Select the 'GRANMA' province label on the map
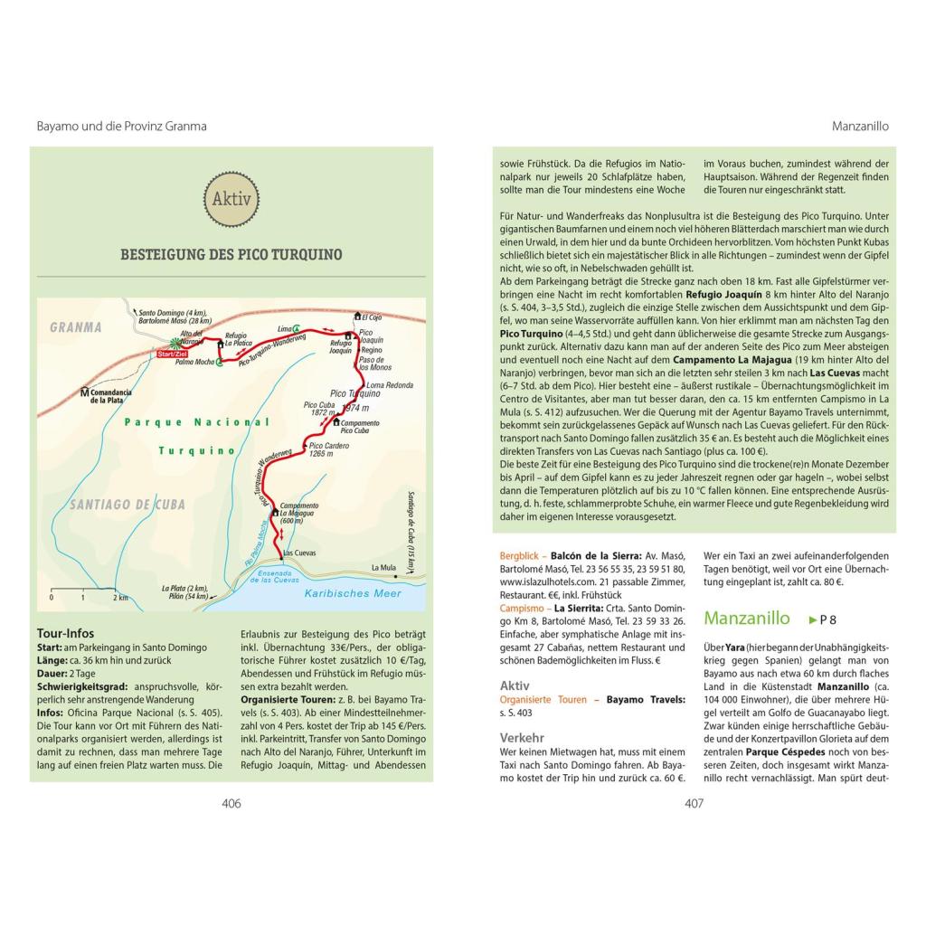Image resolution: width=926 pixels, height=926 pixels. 76,327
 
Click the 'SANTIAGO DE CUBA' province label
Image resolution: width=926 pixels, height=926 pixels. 121,506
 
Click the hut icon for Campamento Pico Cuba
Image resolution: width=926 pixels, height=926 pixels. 335,421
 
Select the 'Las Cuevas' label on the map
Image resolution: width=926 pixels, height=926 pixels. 299,552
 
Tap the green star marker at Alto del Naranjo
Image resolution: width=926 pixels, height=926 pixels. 176,343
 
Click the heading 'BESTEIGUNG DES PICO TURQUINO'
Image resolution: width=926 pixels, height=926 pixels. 231,255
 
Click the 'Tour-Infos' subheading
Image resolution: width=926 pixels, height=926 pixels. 65,633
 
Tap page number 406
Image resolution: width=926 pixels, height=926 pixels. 231,803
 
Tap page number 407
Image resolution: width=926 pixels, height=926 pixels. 694,803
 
